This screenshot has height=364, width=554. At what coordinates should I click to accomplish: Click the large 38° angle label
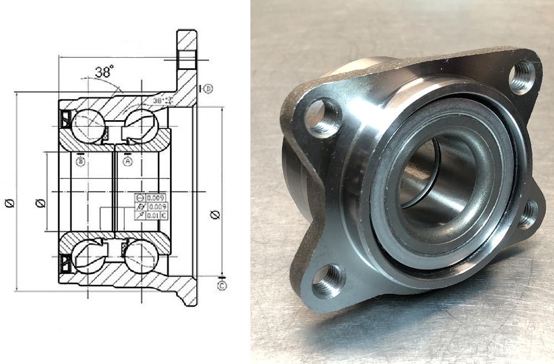104,71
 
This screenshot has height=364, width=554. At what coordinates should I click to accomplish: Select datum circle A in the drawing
127,161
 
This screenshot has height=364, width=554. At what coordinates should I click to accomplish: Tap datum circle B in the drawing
81,161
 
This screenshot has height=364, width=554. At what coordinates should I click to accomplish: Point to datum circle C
222,286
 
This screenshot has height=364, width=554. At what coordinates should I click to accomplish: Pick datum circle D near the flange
208,89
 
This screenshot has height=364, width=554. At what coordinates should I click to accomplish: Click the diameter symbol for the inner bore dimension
39,203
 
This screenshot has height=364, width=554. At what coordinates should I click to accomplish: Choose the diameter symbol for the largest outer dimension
9,203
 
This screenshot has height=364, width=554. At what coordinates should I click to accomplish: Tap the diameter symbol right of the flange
216,214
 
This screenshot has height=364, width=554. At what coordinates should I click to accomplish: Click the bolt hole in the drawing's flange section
187,59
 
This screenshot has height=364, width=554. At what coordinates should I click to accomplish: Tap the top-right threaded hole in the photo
521,77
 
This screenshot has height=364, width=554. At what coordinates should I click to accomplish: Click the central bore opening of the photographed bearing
432,177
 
